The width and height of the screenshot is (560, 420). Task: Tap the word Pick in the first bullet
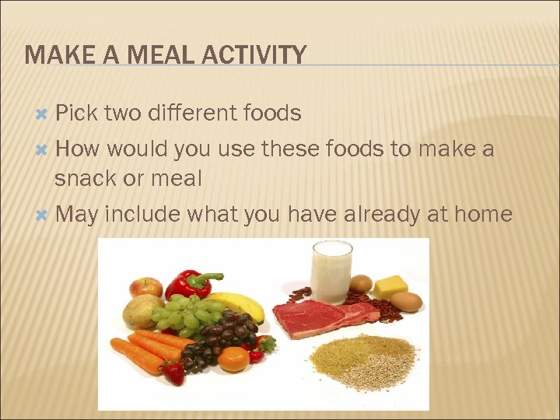coord(76,114)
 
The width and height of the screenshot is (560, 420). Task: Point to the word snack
coord(87,178)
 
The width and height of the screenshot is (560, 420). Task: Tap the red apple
coord(145,287)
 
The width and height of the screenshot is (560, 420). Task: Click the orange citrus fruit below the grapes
coord(233,359)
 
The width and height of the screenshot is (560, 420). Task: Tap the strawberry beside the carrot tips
coord(173,374)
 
